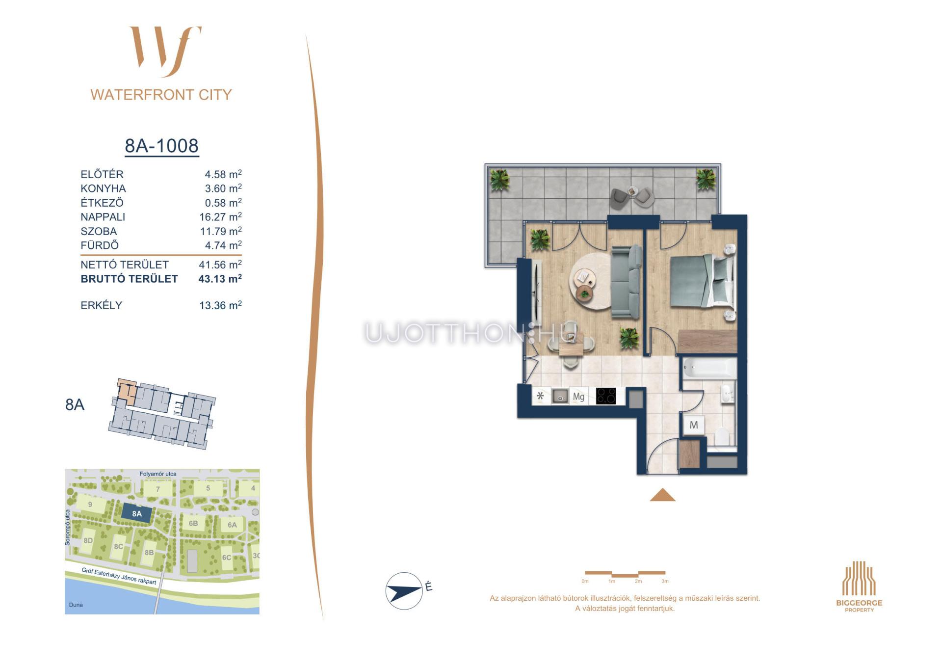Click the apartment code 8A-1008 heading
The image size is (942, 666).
tap(161, 146)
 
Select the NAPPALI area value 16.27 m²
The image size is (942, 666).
tap(220, 217)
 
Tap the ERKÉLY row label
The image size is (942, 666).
tap(101, 305)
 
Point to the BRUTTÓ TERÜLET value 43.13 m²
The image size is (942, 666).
tap(220, 279)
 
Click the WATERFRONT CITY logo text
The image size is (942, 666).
tap(161, 95)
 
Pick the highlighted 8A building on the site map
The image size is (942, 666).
tap(137, 514)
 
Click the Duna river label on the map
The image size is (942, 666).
tap(76, 605)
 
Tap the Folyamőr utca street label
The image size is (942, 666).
tap(158, 474)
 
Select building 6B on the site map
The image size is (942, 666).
tap(193, 524)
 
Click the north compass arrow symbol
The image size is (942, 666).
tap(404, 590)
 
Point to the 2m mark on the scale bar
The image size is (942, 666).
tap(638, 581)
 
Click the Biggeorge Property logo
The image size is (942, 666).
tap(859, 586)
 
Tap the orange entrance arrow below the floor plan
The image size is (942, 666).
tap(662, 495)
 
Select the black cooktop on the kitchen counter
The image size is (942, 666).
tap(606, 396)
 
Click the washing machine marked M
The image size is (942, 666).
tap(694, 425)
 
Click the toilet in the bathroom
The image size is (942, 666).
tap(723, 437)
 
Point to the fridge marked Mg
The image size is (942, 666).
tap(578, 397)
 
